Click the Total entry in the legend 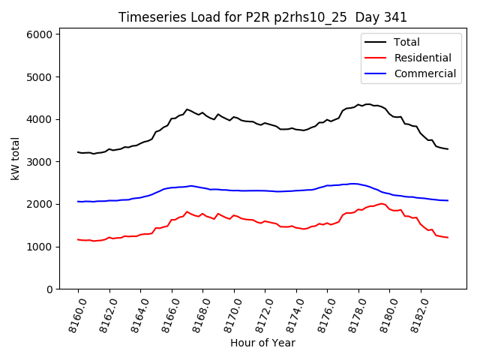click(x=406, y=42)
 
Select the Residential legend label click(x=422, y=58)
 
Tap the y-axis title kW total click(x=15, y=159)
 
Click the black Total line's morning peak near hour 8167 click(x=187, y=109)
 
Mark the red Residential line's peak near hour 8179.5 click(x=382, y=203)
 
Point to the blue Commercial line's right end click(x=448, y=200)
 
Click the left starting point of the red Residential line click(x=78, y=239)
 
